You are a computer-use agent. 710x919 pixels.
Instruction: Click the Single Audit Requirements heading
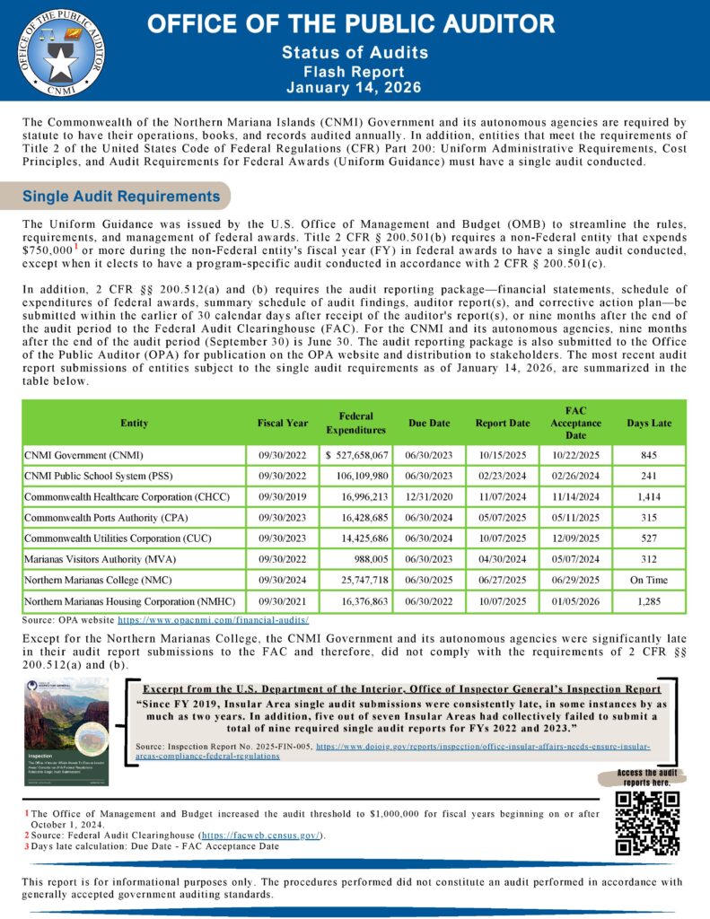click(121, 196)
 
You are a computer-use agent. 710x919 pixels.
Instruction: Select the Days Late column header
click(649, 423)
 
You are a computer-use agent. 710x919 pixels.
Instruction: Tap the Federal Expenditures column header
click(356, 423)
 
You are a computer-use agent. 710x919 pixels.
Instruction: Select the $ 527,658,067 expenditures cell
click(356, 455)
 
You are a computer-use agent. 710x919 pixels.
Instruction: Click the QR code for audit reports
click(646, 823)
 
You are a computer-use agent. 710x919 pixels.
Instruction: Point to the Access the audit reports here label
click(647, 778)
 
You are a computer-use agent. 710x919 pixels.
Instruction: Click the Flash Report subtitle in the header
click(354, 71)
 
